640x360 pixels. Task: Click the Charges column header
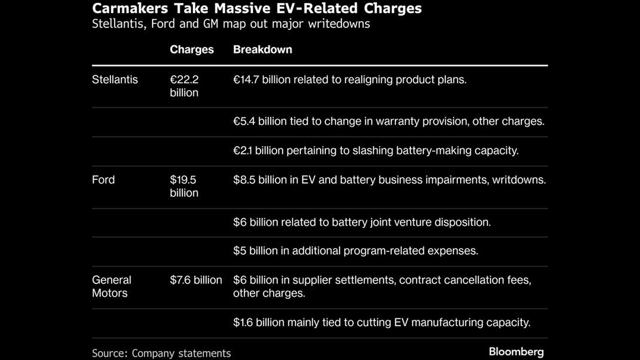click(191, 49)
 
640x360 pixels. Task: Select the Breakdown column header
click(262, 49)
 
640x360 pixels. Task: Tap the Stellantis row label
click(114, 79)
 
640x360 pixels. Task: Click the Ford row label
click(103, 179)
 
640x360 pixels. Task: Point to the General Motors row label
click(111, 286)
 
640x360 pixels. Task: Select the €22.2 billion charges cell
click(184, 86)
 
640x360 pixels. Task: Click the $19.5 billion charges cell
click(184, 186)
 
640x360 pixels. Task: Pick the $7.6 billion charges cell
click(195, 280)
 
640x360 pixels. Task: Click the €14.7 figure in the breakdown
click(246, 79)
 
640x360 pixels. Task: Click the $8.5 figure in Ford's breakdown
click(244, 179)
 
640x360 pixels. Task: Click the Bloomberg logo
click(516, 351)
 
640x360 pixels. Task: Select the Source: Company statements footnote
click(161, 353)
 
